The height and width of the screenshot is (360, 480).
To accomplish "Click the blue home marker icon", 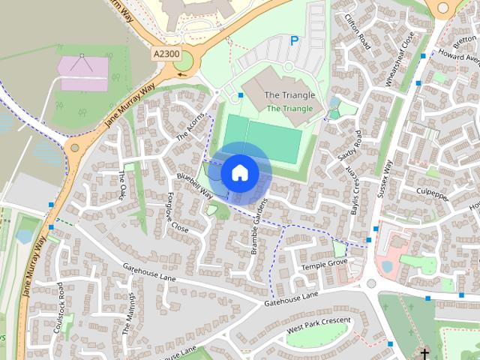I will [239, 172].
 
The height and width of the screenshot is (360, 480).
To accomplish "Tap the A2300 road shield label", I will [166, 55].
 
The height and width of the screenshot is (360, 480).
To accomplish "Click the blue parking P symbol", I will [294, 41].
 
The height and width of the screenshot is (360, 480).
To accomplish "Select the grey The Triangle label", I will [289, 95].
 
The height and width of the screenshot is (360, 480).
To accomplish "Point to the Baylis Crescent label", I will [353, 191].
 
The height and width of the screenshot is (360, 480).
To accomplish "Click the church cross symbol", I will [424, 352].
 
